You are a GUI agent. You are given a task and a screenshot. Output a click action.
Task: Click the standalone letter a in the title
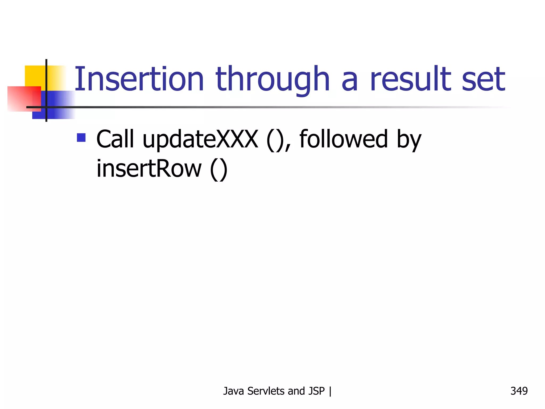349,83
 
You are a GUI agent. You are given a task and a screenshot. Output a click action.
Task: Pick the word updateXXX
200,140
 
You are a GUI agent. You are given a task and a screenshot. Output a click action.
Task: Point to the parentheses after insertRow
219,170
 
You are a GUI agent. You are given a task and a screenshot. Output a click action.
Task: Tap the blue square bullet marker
81,138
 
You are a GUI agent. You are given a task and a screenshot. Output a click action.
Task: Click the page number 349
519,391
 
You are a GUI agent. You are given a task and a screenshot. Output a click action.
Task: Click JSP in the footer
316,391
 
